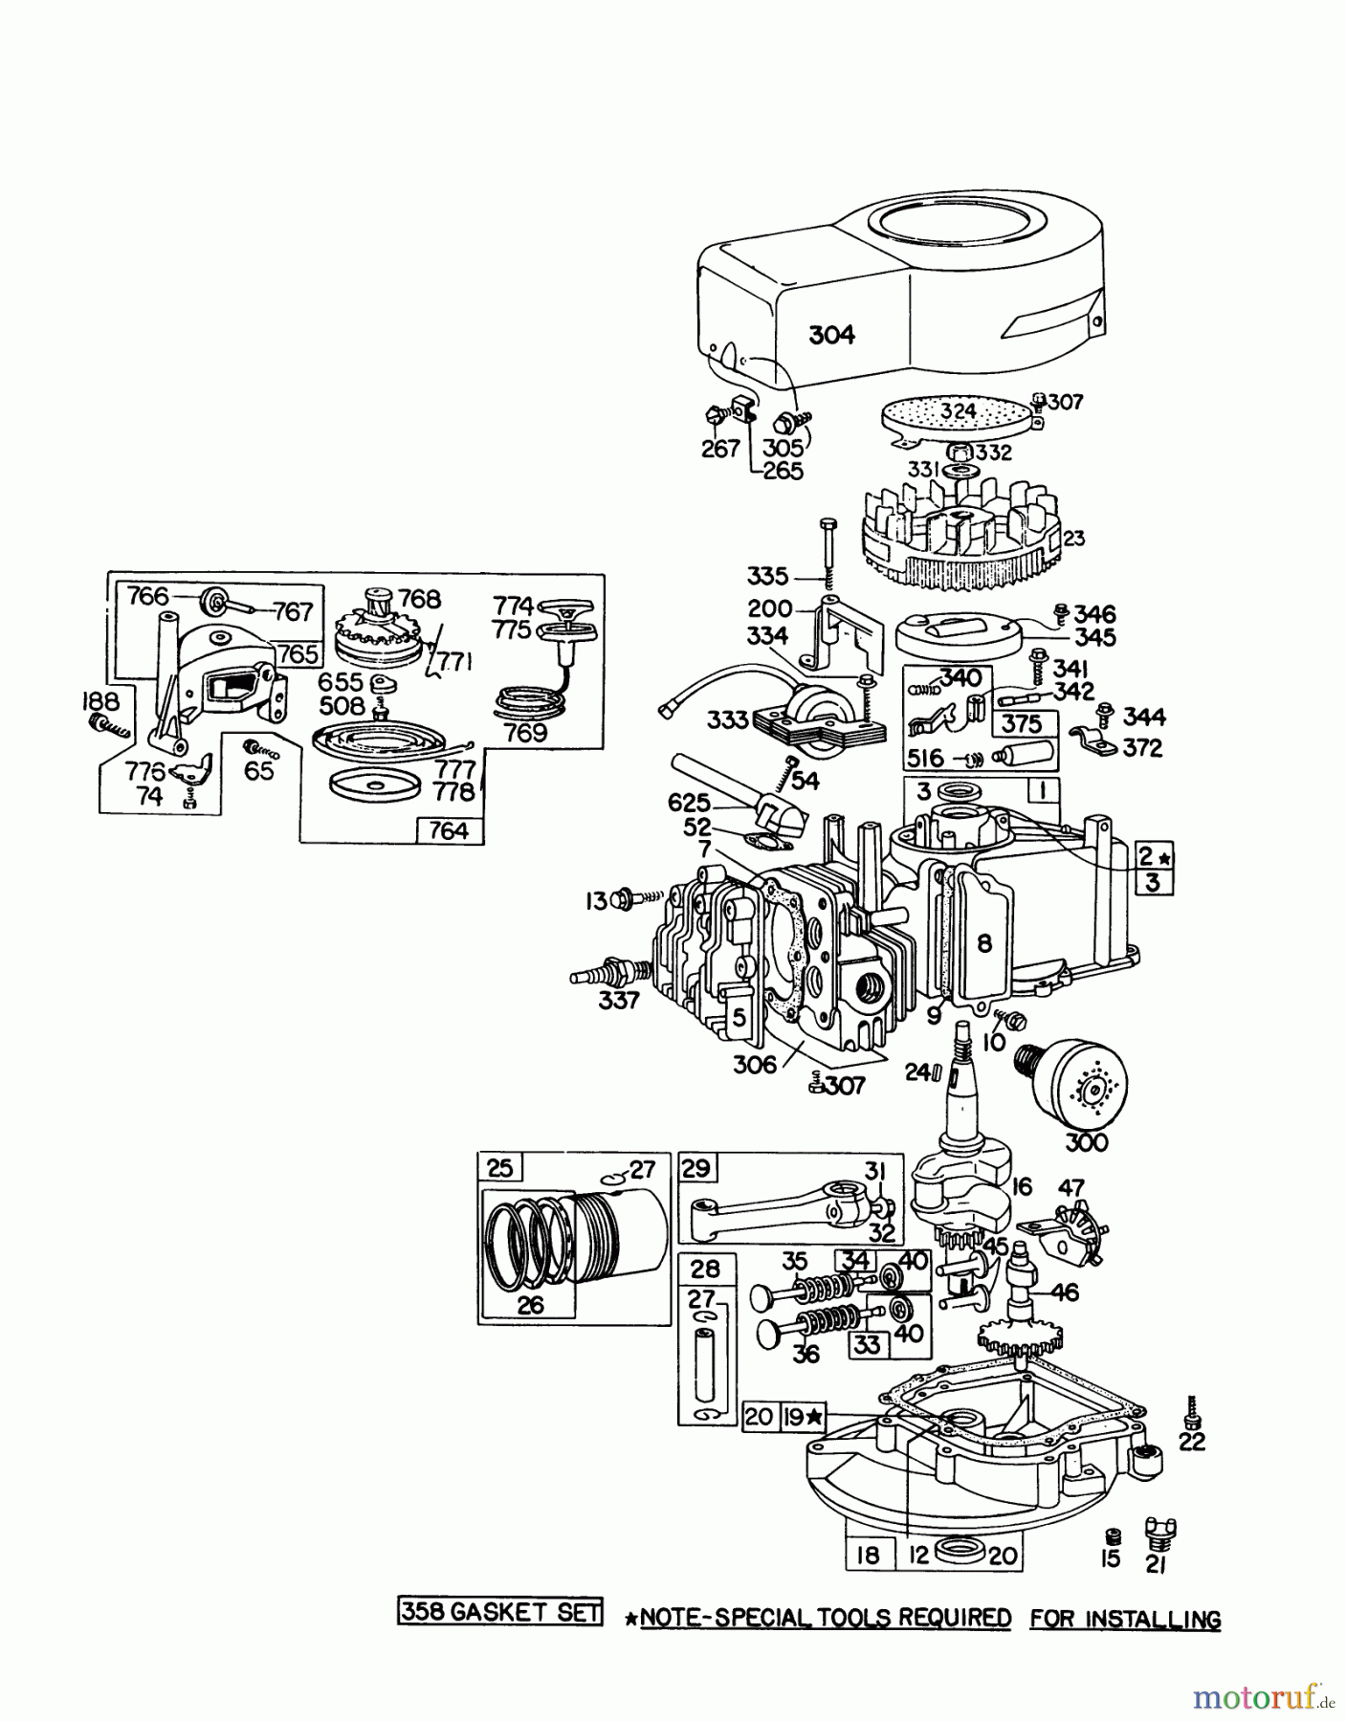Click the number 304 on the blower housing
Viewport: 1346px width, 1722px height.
pyautogui.click(x=831, y=335)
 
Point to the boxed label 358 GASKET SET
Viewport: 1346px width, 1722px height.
pyautogui.click(x=499, y=1612)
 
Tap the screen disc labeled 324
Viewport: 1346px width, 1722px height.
pyautogui.click(x=957, y=412)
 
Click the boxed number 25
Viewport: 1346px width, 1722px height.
pyautogui.click(x=500, y=1167)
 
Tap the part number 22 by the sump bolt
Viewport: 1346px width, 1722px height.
pyautogui.click(x=1192, y=1441)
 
